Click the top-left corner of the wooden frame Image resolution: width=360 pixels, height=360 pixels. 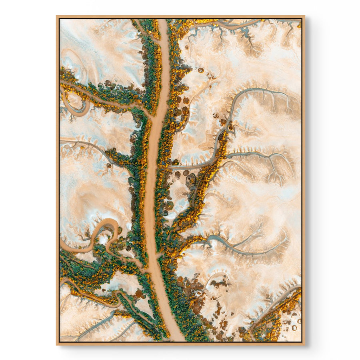[57, 16]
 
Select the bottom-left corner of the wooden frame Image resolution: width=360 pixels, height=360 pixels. [57, 344]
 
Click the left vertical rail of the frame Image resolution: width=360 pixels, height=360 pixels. [58, 180]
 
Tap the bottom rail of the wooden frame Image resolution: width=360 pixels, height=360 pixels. [180, 343]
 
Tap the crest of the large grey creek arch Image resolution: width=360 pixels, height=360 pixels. [256, 90]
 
